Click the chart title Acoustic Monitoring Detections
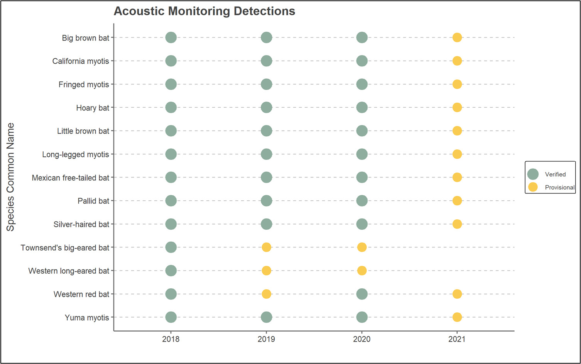[204, 11]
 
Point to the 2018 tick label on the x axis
[171, 339]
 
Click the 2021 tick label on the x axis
[457, 339]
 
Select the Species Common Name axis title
[10, 177]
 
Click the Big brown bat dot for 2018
[171, 37]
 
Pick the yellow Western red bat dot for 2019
[266, 294]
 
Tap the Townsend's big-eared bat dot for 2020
[361, 247]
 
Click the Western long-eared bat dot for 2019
[266, 271]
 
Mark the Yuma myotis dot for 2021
[457, 317]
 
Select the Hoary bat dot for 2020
[361, 107]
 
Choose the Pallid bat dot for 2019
[266, 201]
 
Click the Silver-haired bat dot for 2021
[457, 224]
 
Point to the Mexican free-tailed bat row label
[71, 178]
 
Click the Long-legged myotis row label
[76, 154]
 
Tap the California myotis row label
[81, 61]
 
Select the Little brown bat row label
[83, 131]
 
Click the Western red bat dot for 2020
[361, 294]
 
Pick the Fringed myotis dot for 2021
[457, 84]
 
